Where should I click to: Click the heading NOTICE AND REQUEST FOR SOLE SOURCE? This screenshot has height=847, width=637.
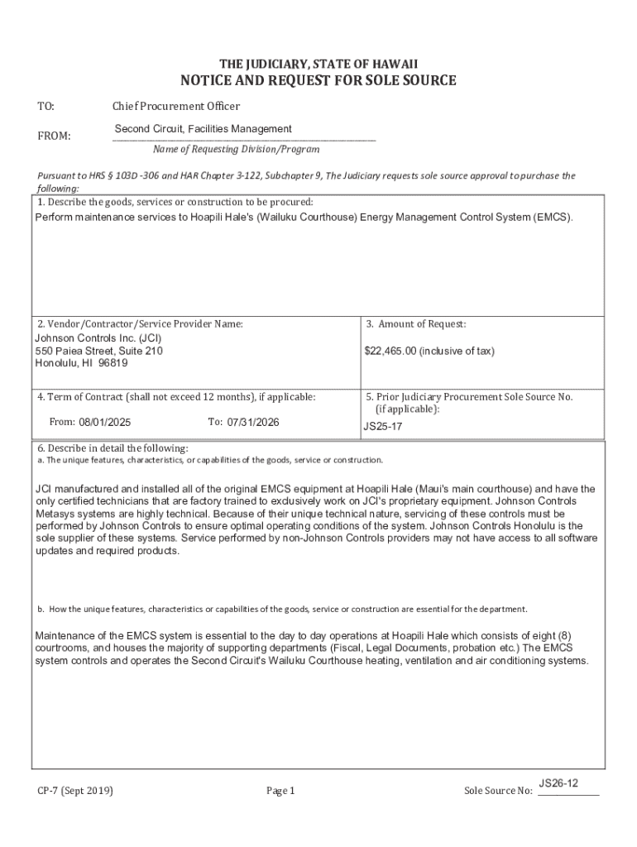[x=318, y=80]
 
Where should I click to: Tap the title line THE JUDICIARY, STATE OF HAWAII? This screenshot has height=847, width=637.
[x=318, y=64]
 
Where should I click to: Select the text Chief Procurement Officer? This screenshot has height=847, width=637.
[x=176, y=106]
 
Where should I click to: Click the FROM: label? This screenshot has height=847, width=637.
[x=54, y=136]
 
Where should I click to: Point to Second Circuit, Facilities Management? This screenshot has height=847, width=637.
[x=203, y=129]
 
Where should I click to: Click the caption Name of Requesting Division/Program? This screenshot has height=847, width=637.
[x=236, y=150]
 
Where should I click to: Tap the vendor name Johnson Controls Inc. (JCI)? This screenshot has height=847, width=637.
[x=98, y=338]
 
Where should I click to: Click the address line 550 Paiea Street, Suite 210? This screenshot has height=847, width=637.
[x=98, y=351]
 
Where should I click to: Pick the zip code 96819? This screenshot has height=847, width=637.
[x=113, y=363]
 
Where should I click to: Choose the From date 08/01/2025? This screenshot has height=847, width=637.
[x=105, y=422]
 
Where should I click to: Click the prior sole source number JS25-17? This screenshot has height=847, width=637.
[x=381, y=428]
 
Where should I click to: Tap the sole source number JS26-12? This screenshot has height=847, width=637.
[x=558, y=782]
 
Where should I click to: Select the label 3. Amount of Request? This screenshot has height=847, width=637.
[x=416, y=324]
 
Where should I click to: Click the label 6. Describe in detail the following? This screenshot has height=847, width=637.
[x=113, y=448]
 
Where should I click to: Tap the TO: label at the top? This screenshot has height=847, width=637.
[x=45, y=106]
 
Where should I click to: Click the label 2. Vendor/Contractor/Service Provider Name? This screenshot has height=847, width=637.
[x=140, y=324]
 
